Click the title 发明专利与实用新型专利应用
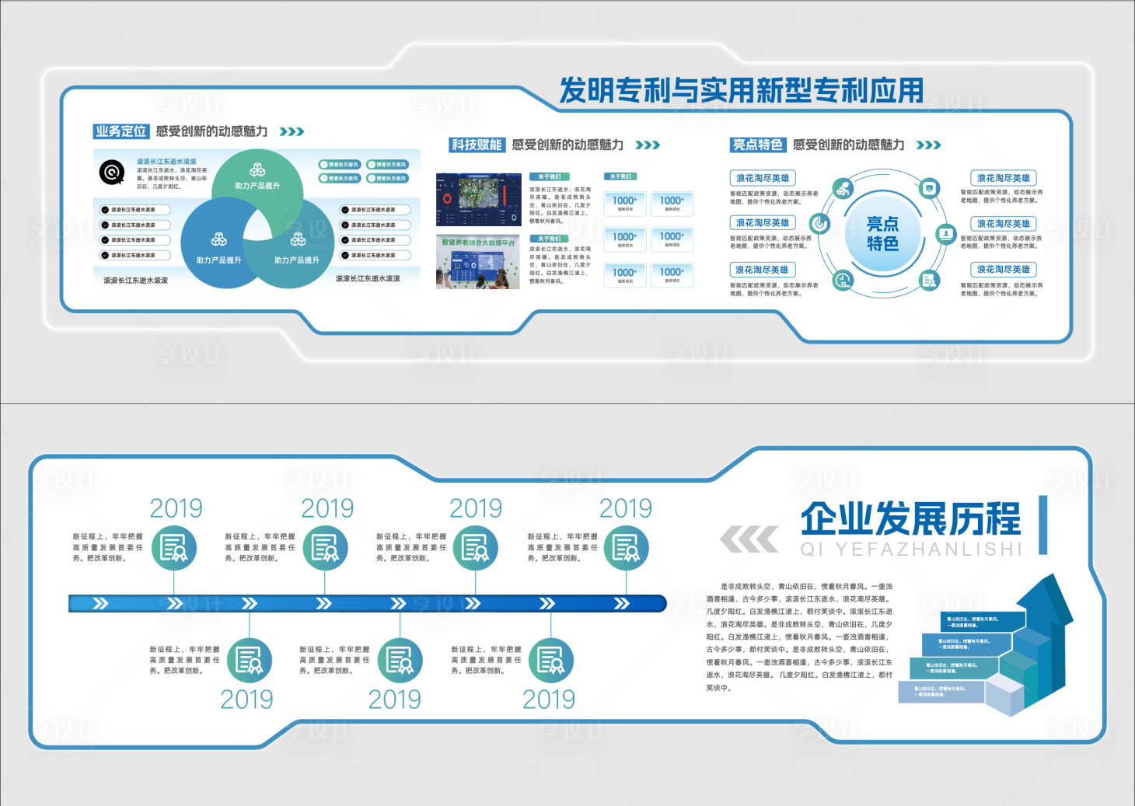point(742,91)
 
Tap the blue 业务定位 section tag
point(120,131)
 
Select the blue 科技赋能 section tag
point(477,145)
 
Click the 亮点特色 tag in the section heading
point(757,145)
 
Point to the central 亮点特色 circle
point(882,234)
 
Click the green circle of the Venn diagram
point(257,175)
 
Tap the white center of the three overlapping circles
point(257,225)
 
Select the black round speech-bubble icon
point(112,172)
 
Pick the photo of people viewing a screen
point(478,262)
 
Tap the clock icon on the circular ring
point(843,281)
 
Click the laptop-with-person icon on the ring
point(945,233)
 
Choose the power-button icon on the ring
point(819,224)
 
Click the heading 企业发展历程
point(910,518)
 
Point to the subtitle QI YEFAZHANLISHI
point(910,550)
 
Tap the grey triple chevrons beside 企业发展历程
point(749,539)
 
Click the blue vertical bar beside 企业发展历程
point(1042,525)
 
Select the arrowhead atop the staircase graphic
point(1046,595)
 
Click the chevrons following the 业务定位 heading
point(292,131)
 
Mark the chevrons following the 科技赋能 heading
point(648,145)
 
